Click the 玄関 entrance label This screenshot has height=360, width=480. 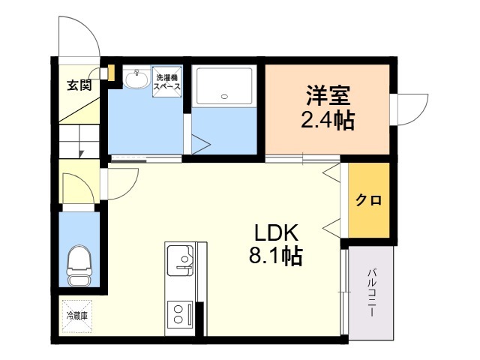pos(79,85)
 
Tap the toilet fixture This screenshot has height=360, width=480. pos(79,265)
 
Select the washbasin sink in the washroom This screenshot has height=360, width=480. pos(136,78)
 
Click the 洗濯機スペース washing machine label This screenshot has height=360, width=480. pos(167,82)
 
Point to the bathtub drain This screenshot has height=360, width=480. pos(224,97)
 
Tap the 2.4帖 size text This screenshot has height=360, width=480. pos(328,120)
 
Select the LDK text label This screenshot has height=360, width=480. pos(277,233)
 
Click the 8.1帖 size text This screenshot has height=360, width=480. pos(276,256)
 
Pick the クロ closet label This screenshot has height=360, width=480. pos(368,200)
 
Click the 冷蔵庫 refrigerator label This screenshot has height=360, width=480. pos(76,316)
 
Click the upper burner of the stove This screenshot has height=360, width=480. pos(178,310)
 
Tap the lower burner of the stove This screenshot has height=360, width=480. pos(178,320)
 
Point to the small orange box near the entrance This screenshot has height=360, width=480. pos(112,73)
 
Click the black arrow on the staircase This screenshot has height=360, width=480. pos(82,153)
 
